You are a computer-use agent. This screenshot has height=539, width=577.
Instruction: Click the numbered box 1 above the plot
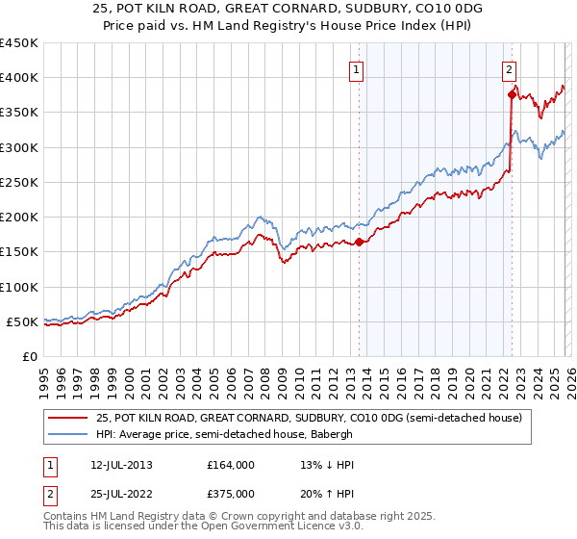pyautogui.click(x=356, y=68)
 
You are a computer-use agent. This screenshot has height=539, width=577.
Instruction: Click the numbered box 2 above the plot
pyautogui.click(x=508, y=68)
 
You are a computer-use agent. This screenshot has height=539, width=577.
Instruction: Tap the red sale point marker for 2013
pyautogui.click(x=359, y=243)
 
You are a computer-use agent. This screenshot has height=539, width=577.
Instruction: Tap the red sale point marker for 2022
pyautogui.click(x=512, y=94)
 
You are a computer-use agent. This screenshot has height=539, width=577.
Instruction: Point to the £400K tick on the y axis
pyautogui.click(x=18, y=78)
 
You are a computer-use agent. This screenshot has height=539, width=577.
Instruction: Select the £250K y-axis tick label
pyautogui.click(x=18, y=182)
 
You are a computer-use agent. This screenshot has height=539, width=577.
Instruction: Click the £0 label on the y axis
pyautogui.click(x=28, y=356)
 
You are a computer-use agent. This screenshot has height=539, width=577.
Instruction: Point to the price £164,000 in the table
pyautogui.click(x=230, y=465)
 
